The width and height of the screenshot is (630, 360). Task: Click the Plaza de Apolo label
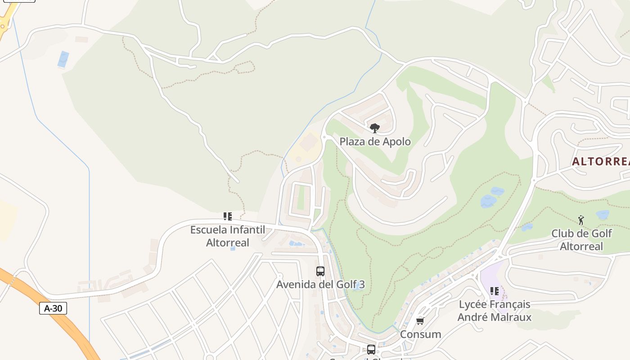375,142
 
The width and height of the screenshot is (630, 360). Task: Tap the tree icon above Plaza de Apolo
374,128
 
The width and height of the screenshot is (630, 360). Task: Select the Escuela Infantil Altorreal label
227,236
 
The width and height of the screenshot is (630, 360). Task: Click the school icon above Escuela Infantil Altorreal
228,216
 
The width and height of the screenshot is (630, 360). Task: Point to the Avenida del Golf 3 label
320,284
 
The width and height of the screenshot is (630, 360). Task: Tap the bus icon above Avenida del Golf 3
320,271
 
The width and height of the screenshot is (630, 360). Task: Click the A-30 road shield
53,308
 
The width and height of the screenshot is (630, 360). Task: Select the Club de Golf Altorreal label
581,240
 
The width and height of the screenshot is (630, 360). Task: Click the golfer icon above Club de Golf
581,220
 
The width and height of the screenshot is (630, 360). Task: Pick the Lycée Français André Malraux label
495,310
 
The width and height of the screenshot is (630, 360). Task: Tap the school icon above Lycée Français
495,291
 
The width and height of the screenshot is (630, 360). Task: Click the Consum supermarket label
420,334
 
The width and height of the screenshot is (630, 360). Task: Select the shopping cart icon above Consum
420,321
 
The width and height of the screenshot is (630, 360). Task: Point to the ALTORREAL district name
601,162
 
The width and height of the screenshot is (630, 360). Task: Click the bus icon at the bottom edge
371,349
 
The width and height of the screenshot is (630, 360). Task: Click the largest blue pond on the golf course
488,201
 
